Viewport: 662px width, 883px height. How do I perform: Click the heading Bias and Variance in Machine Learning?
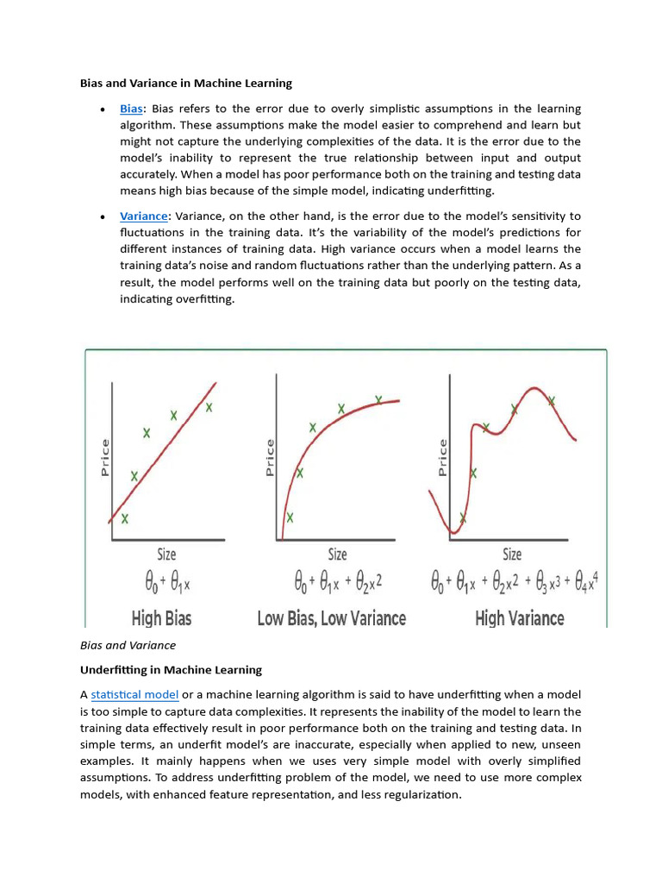point(186,84)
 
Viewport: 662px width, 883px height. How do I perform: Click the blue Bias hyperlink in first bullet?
point(131,109)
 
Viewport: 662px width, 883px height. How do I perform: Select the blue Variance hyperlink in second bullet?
point(144,216)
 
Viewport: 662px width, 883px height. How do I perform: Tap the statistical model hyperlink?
point(134,695)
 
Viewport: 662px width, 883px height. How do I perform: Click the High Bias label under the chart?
point(161,618)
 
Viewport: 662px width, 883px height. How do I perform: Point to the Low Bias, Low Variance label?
point(332,618)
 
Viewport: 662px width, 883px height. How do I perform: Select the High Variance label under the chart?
point(520,618)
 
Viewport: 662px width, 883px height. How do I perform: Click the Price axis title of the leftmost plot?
point(105,458)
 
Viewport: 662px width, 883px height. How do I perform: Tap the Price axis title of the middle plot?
point(270,458)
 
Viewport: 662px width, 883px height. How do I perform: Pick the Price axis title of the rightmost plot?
point(442,458)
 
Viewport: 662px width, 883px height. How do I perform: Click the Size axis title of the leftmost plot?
point(165,554)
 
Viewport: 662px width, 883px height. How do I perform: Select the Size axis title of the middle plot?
point(338,554)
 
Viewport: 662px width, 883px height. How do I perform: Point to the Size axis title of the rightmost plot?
point(512,554)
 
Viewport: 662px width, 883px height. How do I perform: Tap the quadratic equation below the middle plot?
point(337,584)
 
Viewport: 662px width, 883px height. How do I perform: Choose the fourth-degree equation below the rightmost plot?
point(515,584)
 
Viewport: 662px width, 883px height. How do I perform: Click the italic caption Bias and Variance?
point(128,645)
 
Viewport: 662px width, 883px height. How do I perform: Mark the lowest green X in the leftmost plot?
point(126,518)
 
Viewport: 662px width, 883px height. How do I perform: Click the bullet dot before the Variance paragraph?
point(103,217)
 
